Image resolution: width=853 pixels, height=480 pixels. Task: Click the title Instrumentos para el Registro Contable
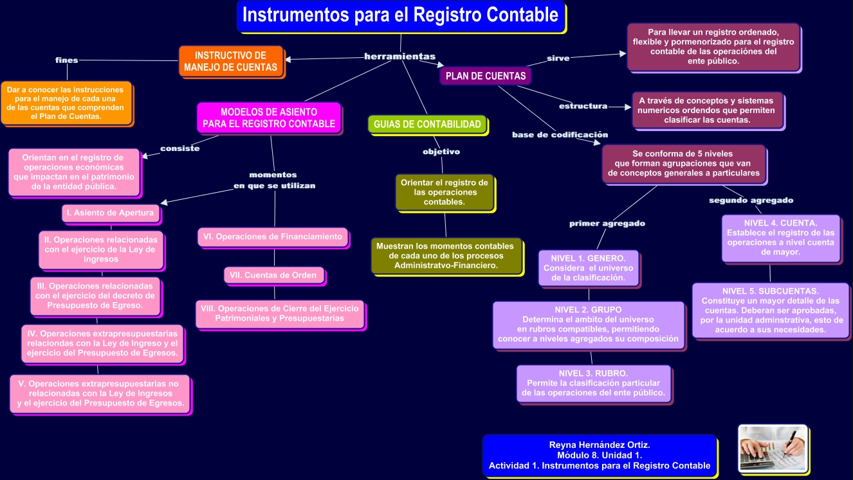tap(400, 16)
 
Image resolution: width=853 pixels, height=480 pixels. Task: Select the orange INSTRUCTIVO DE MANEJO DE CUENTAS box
tap(230, 62)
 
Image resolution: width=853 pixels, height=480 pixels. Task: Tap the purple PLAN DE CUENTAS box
tap(485, 76)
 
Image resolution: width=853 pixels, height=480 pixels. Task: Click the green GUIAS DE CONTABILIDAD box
tap(427, 124)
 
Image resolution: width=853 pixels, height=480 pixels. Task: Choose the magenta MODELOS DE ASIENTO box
tap(269, 118)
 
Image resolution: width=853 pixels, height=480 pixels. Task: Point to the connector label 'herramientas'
tap(399, 57)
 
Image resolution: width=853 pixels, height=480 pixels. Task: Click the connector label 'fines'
tap(67, 60)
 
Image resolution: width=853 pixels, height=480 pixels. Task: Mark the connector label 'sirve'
tap(558, 58)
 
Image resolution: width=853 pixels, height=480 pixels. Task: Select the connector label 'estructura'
tap(583, 106)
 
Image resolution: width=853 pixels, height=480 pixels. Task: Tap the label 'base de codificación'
tap(560, 135)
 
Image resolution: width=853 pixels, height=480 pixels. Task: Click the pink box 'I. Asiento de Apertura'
tap(109, 213)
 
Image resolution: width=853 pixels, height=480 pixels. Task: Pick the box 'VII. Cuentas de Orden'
tap(273, 275)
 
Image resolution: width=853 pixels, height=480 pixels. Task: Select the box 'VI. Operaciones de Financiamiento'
tap(273, 236)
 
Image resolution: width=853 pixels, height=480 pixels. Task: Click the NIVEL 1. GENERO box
tap(588, 267)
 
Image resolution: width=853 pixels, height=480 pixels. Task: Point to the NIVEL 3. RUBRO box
tap(593, 382)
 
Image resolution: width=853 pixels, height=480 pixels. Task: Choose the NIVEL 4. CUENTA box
tap(780, 238)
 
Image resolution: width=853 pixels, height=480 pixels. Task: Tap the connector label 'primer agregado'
tap(607, 224)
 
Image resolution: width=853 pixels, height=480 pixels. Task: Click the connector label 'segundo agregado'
tap(751, 200)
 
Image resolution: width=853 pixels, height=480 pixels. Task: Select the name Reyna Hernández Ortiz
tap(599, 444)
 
